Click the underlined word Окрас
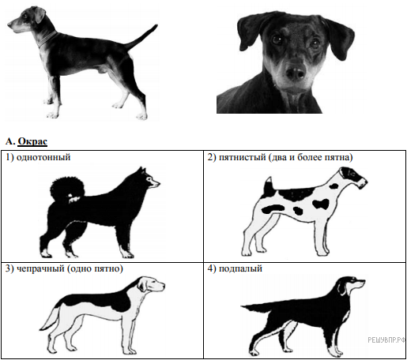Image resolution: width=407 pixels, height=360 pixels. tap(32, 141)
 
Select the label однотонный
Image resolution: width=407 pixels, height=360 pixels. tap(43, 157)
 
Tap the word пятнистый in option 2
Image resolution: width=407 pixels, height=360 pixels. tap(243, 157)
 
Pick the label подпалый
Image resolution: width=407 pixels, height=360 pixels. tap(240, 268)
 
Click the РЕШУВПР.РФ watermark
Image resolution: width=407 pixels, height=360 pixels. tap(386, 340)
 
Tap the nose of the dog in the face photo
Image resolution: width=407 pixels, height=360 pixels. tap(296, 73)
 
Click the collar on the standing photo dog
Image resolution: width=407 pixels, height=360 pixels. tap(47, 39)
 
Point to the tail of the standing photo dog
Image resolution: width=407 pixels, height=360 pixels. tap(141, 37)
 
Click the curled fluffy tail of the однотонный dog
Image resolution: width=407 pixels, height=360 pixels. tap(67, 190)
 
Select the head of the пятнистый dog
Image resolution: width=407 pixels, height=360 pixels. tap(353, 177)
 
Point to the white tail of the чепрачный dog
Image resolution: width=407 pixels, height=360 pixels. tap(51, 321)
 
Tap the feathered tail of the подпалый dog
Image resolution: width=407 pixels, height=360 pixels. tap(257, 308)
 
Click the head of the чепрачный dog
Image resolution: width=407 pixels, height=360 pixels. tap(151, 284)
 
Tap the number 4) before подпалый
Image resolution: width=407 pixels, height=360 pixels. tap(212, 268)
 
